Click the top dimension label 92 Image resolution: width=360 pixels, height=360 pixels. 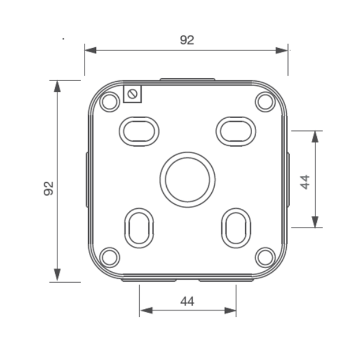187,40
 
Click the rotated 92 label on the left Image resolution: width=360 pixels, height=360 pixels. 49,188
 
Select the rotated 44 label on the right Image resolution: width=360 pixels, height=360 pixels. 305,182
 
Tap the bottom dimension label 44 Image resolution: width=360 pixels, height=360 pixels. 187,302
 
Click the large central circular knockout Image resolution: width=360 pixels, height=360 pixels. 187,179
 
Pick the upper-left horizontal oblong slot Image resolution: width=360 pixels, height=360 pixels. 139,131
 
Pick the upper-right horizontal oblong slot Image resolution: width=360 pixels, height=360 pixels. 235,131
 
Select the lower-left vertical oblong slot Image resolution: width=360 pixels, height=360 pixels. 139,227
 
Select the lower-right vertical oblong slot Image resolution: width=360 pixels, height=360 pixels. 236,227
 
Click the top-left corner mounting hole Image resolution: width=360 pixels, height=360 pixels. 109,102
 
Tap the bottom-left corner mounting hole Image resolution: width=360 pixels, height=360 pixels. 109,257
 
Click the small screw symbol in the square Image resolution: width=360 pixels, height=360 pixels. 132,93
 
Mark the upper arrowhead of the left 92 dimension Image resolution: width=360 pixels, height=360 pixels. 58,86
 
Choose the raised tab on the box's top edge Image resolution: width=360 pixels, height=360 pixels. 187,79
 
